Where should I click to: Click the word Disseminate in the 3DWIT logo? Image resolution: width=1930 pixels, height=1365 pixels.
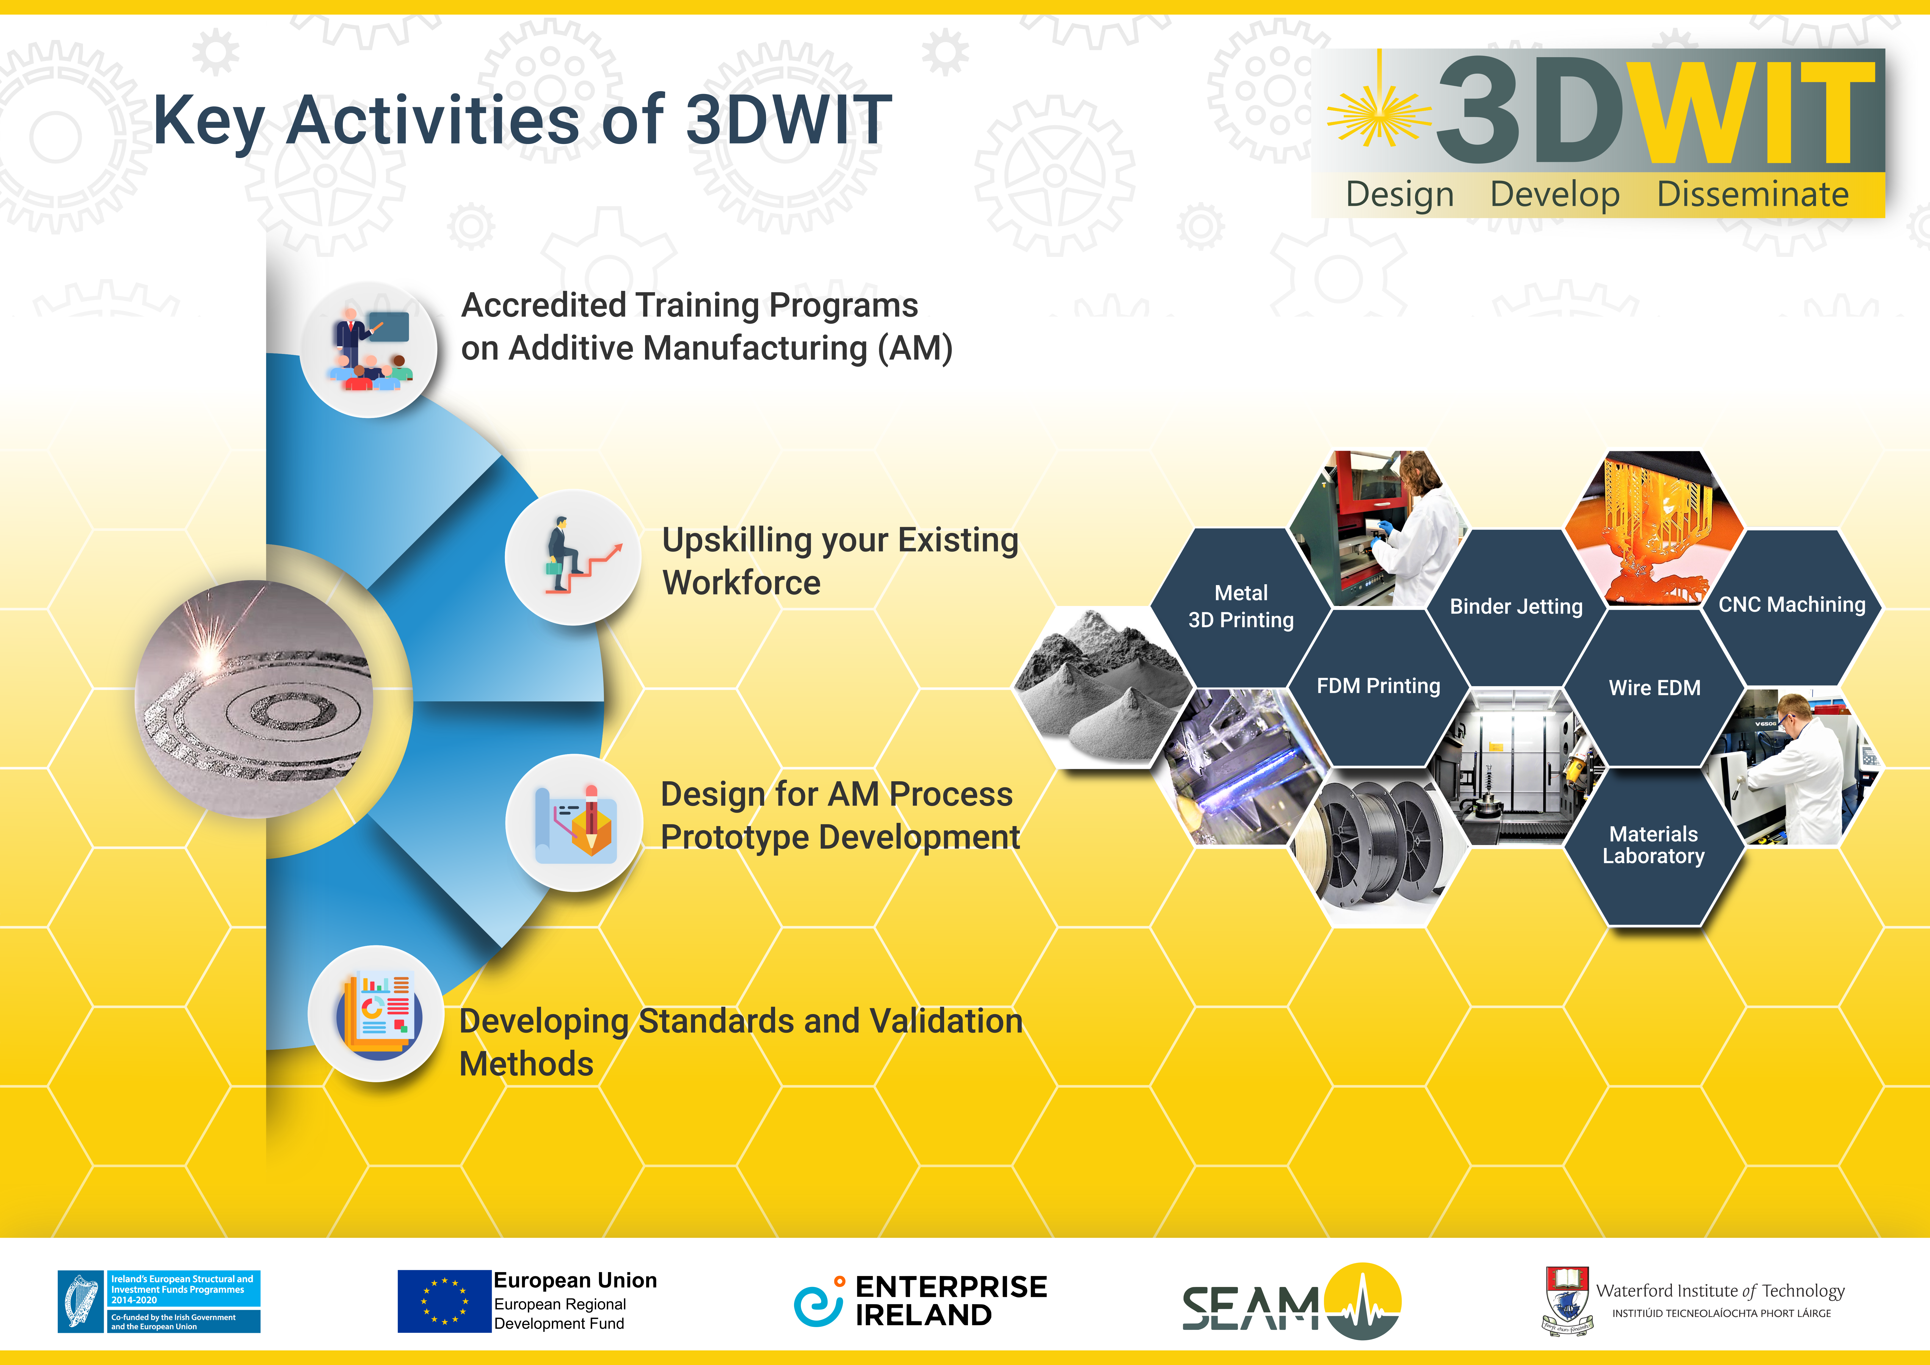[1753, 194]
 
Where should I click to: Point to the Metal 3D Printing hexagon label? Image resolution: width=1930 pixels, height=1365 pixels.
[1241, 606]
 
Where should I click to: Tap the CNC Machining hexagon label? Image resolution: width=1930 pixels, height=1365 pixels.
[1791, 604]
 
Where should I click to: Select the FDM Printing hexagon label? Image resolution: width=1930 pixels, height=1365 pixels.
[1379, 686]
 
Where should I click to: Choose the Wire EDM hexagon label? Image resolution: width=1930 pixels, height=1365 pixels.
[1654, 688]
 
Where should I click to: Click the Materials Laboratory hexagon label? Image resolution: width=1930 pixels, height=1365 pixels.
[1654, 845]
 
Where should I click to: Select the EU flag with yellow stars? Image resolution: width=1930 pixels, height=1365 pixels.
[444, 1301]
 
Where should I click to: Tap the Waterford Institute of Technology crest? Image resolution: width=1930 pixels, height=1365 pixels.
[1567, 1301]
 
